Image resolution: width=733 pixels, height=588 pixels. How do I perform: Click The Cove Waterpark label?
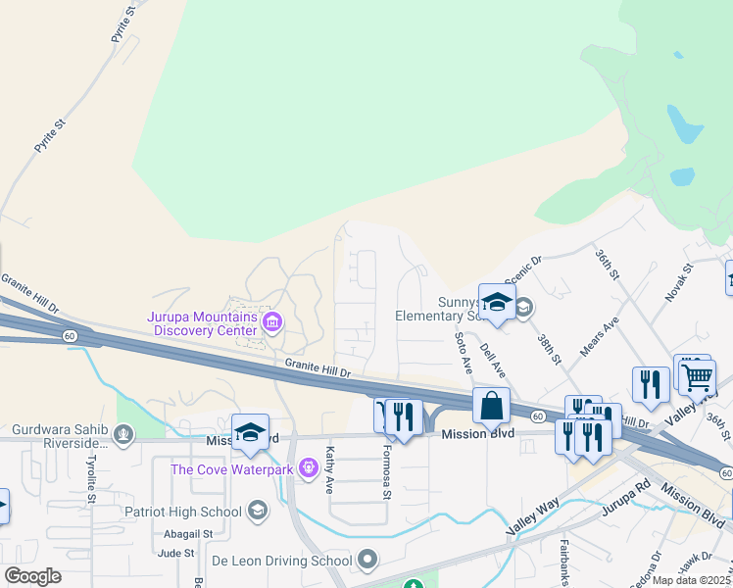tap(233, 468)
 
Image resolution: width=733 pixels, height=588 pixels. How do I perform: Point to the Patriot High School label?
tap(182, 511)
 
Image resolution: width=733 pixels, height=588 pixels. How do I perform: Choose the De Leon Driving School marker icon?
tap(367, 561)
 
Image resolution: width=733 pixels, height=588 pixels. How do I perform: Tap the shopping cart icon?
tap(697, 375)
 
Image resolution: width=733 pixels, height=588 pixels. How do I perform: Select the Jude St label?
tap(176, 554)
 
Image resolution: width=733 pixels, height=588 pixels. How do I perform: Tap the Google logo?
tap(32, 576)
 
